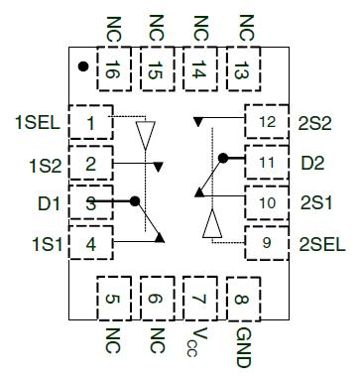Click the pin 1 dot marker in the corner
(x=82, y=67)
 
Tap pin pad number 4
(x=91, y=242)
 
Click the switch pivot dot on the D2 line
(x=223, y=157)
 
